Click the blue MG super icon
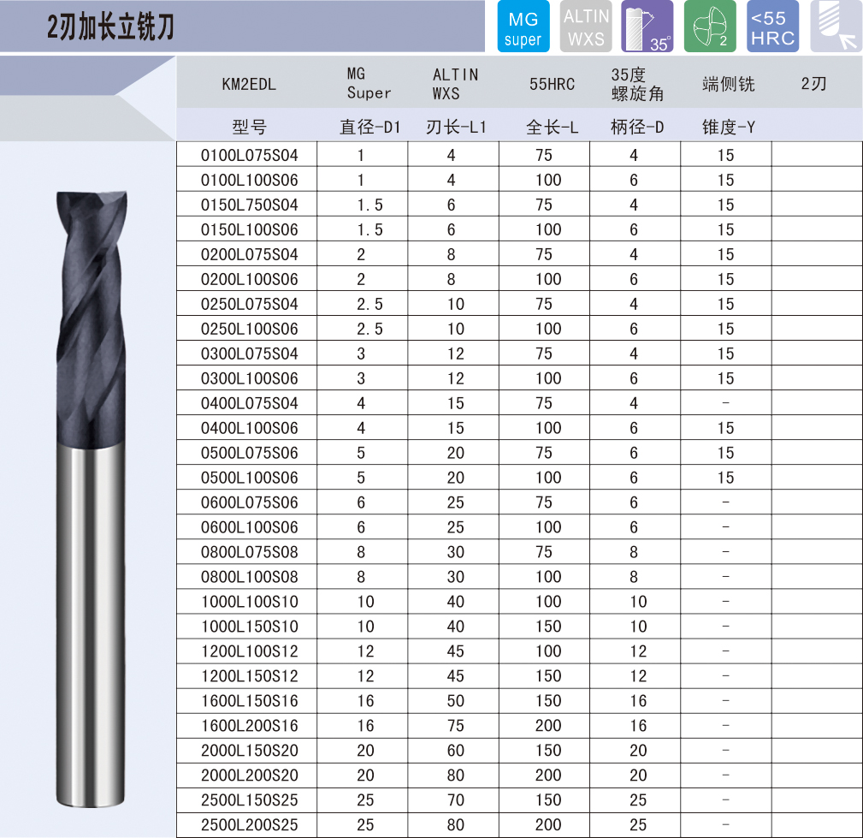[523, 27]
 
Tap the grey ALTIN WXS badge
[586, 27]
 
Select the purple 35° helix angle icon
[647, 27]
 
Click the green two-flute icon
[710, 27]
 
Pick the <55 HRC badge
[772, 27]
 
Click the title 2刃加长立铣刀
[110, 27]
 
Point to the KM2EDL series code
[249, 84]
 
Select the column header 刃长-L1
[456, 128]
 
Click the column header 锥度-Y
[728, 128]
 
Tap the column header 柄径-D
[637, 128]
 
